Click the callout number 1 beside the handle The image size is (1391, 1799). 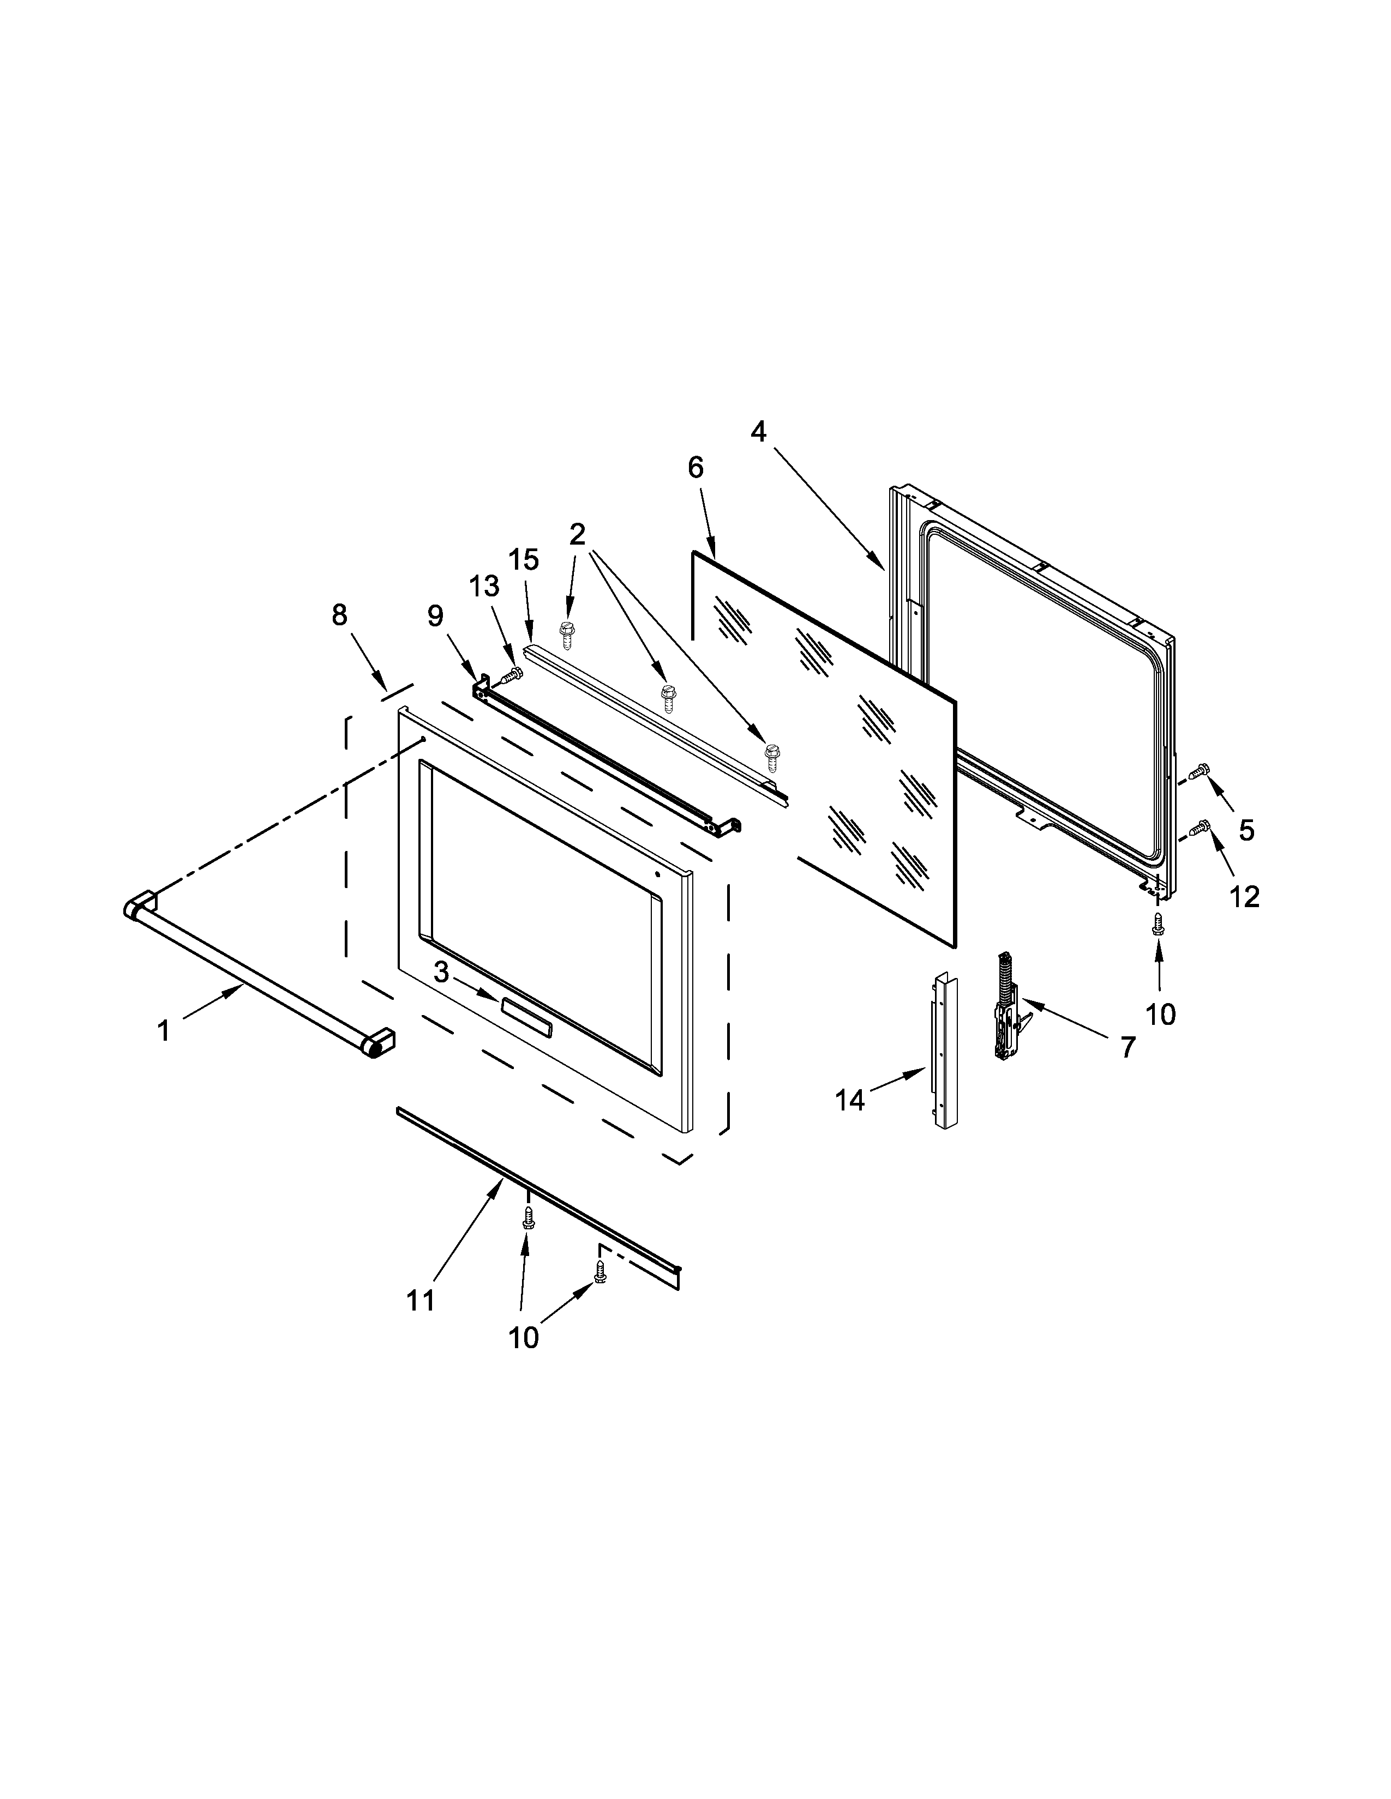[x=164, y=1030]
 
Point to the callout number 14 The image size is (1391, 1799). [x=849, y=1100]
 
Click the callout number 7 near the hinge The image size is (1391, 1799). [x=1128, y=1046]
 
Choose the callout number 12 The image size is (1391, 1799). [x=1244, y=896]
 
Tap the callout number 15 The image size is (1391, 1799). [x=523, y=559]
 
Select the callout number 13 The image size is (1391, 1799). [x=484, y=587]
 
